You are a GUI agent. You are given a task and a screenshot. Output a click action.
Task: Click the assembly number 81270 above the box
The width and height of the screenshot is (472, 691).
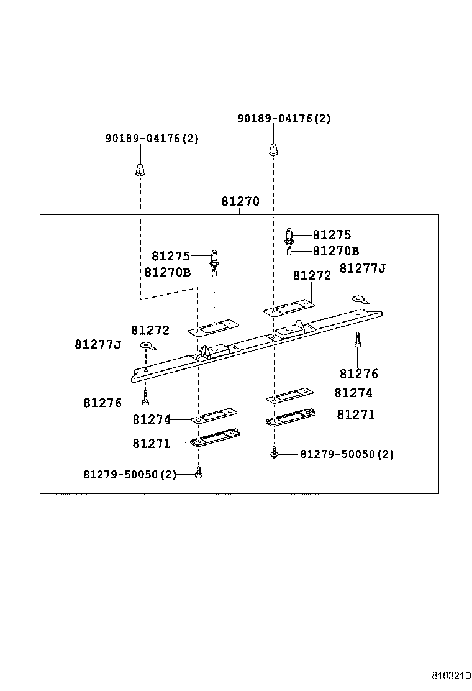click(x=240, y=202)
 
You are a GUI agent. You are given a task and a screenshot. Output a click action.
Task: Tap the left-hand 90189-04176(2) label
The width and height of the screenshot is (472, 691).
click(x=152, y=139)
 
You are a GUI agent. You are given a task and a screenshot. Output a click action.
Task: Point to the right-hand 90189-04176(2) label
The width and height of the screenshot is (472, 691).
click(x=284, y=119)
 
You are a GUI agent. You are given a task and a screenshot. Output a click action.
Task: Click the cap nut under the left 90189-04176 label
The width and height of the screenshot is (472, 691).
click(x=140, y=169)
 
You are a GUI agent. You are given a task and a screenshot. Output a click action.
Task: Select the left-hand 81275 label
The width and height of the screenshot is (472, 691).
click(x=170, y=256)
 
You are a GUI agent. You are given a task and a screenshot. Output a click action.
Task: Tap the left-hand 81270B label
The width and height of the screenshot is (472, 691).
click(x=167, y=272)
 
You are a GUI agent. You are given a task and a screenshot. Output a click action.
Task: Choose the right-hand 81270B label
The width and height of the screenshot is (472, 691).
click(x=335, y=251)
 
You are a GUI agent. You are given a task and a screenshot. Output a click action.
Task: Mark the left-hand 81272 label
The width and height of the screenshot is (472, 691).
click(x=150, y=330)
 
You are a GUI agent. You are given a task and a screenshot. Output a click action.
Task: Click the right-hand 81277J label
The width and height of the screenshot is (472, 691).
click(x=363, y=268)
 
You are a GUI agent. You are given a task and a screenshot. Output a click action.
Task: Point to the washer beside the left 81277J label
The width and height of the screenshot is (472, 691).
click(x=146, y=345)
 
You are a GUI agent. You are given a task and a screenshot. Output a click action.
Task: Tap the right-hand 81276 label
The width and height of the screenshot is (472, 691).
click(x=358, y=373)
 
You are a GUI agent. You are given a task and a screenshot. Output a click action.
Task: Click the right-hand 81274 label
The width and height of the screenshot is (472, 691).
click(x=353, y=393)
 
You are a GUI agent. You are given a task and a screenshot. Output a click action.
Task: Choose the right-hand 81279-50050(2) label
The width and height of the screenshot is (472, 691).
click(x=347, y=454)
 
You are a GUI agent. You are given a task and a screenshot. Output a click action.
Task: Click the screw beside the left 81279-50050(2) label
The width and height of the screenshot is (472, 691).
click(x=199, y=474)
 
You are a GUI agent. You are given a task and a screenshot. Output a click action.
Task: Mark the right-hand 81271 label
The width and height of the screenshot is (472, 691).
click(x=356, y=414)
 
